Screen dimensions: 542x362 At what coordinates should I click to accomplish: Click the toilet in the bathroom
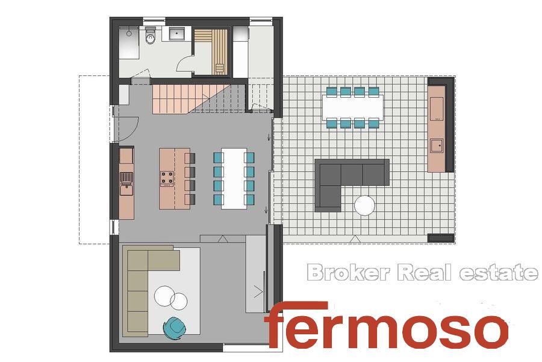point(151,36)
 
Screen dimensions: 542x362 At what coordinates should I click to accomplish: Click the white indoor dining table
point(234,179)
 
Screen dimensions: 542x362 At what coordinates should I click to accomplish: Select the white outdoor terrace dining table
point(352,107)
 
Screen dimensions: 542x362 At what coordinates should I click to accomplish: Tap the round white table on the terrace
point(364,205)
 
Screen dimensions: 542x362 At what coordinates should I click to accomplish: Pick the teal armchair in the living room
point(175,328)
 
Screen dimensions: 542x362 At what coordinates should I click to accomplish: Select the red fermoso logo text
point(387,325)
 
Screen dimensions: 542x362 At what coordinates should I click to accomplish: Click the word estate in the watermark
point(498,272)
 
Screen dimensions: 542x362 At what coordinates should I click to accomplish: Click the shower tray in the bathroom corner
point(129,43)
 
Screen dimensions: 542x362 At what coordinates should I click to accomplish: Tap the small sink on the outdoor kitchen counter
point(436,145)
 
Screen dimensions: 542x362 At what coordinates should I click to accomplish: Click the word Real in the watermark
point(424,272)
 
